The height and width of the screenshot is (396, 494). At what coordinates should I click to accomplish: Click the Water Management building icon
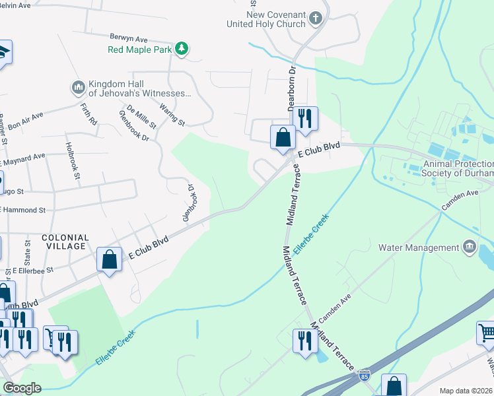click(469, 247)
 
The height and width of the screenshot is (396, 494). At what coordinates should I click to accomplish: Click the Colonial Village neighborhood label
click(65, 242)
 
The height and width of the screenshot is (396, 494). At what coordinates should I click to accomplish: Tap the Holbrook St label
click(72, 160)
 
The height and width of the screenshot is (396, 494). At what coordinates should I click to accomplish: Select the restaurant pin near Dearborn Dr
click(304, 119)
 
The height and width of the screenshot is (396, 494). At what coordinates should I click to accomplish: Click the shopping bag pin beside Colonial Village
click(110, 259)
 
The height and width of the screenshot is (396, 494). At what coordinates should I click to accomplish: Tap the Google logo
click(21, 388)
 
